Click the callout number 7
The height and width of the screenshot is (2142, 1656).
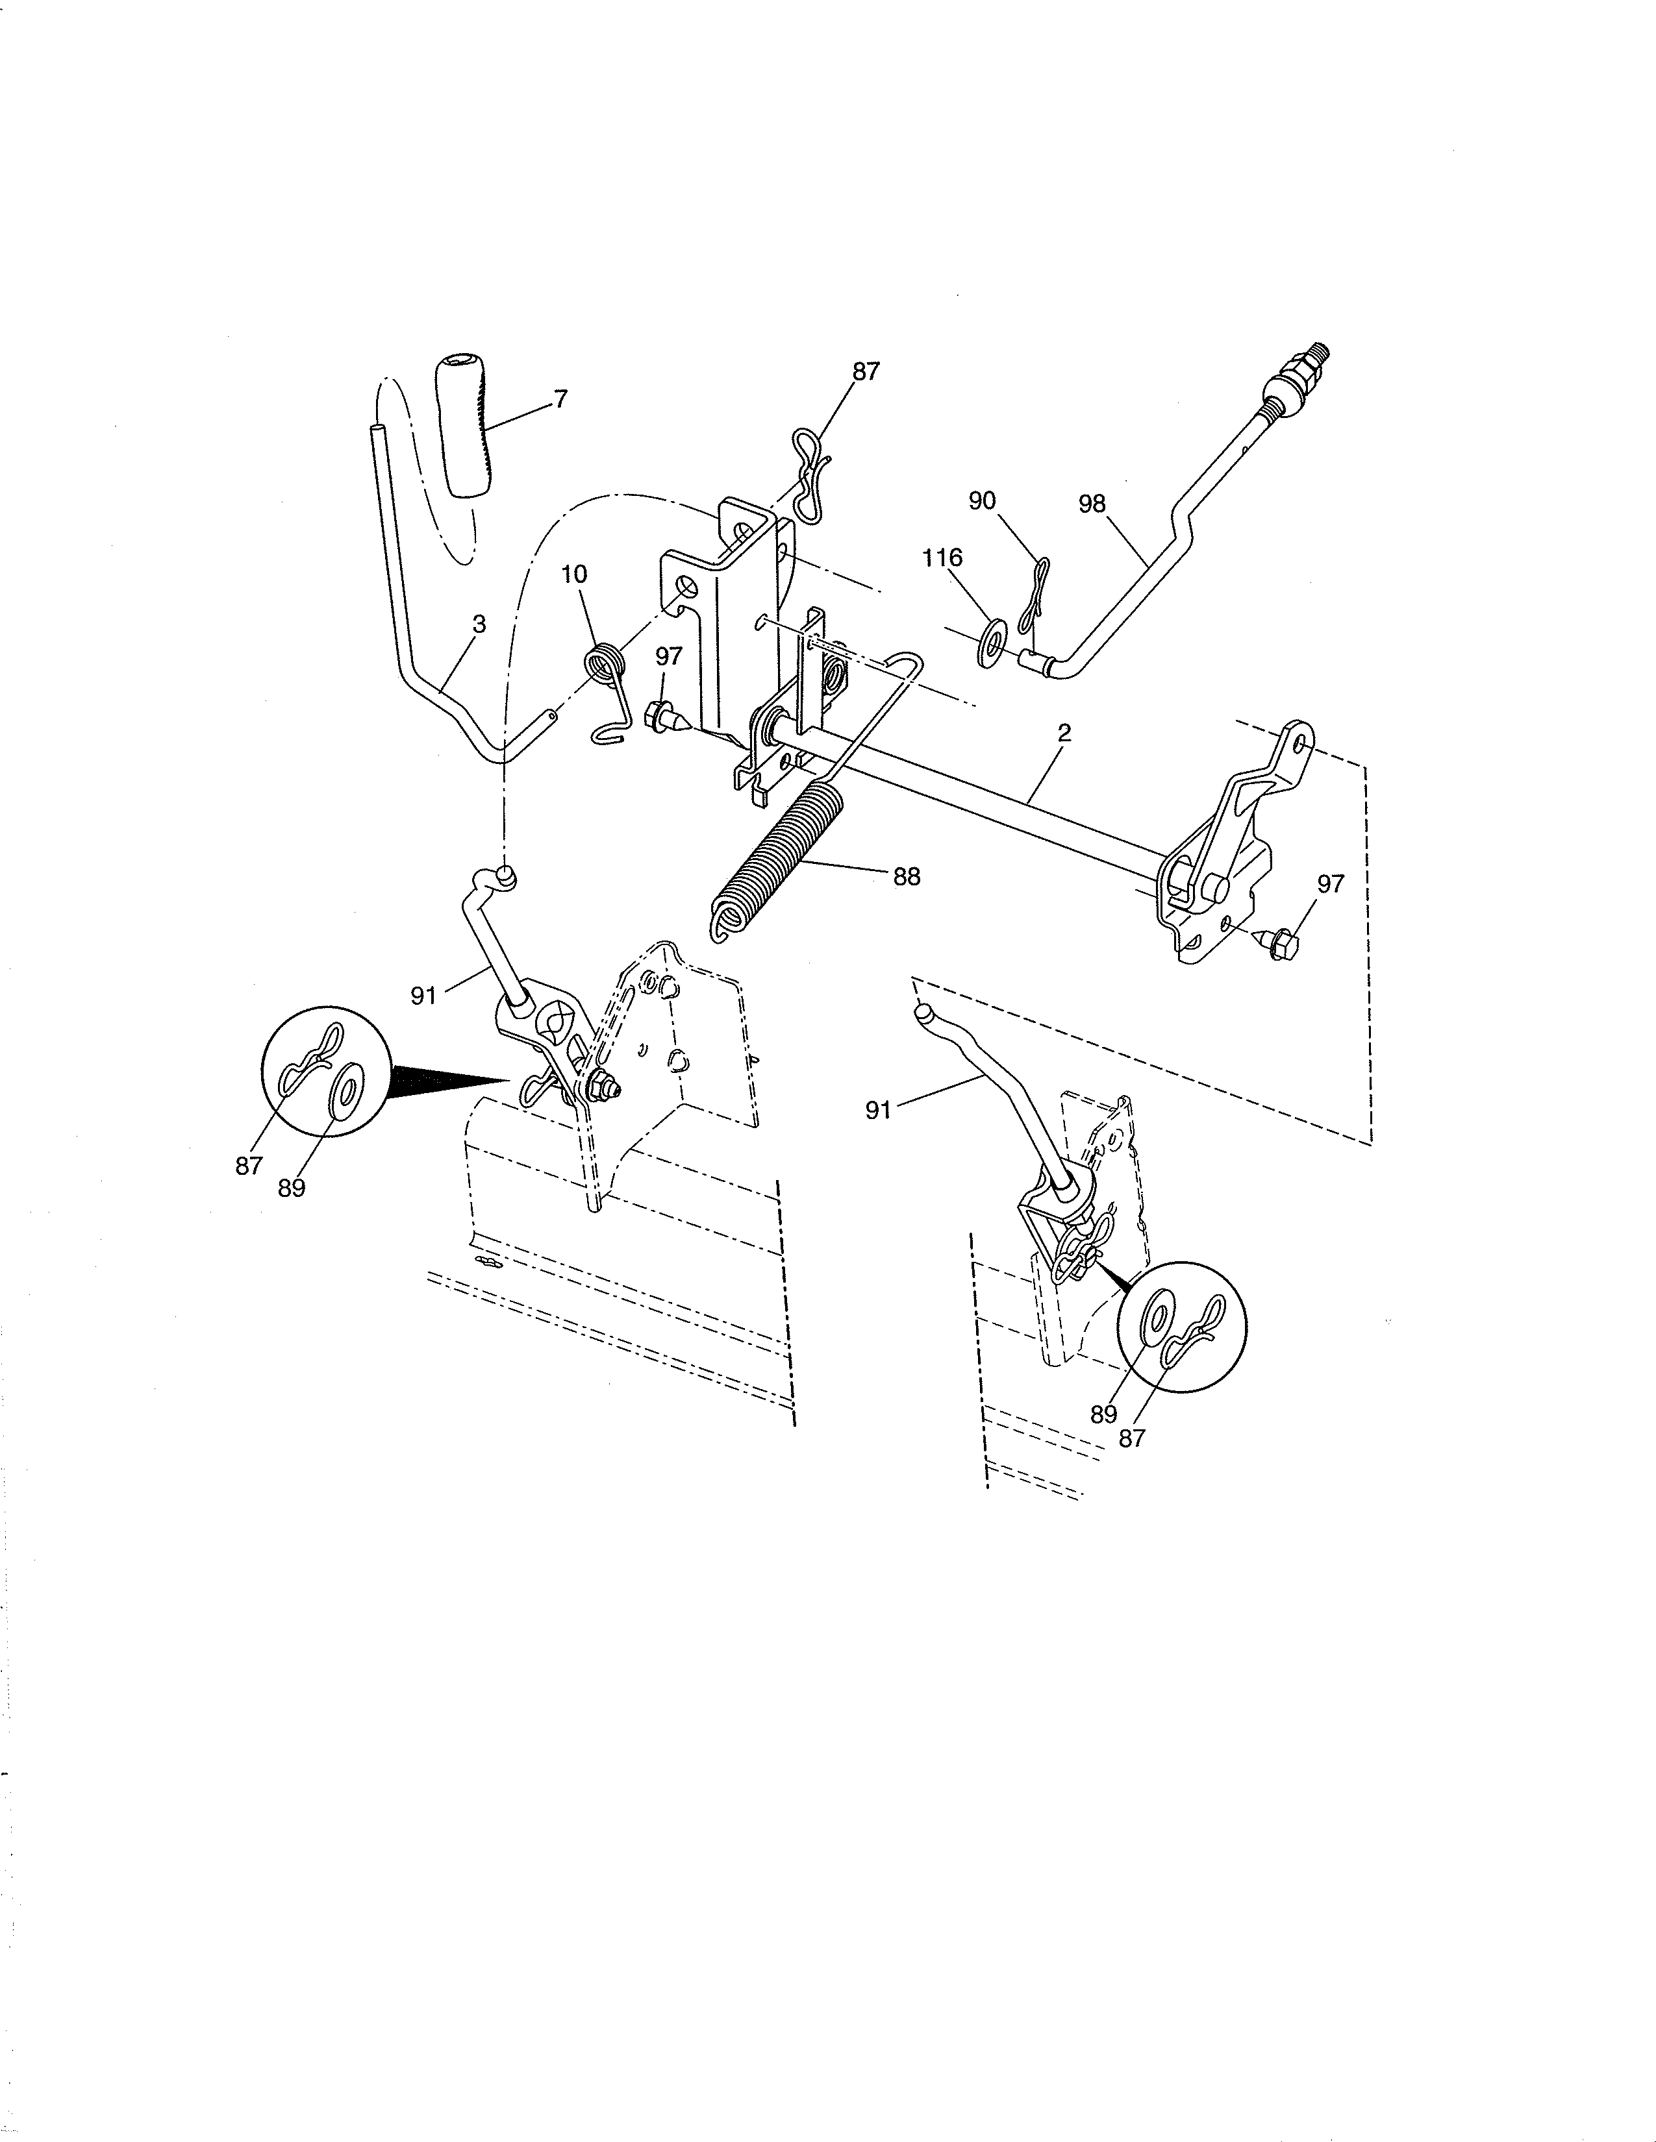(560, 399)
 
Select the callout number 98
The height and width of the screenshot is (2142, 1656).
(1091, 504)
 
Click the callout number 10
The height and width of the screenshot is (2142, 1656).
(574, 574)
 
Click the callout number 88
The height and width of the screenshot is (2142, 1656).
(907, 877)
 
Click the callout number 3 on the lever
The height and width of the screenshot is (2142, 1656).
(479, 624)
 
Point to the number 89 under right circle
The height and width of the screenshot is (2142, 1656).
(1103, 1414)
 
